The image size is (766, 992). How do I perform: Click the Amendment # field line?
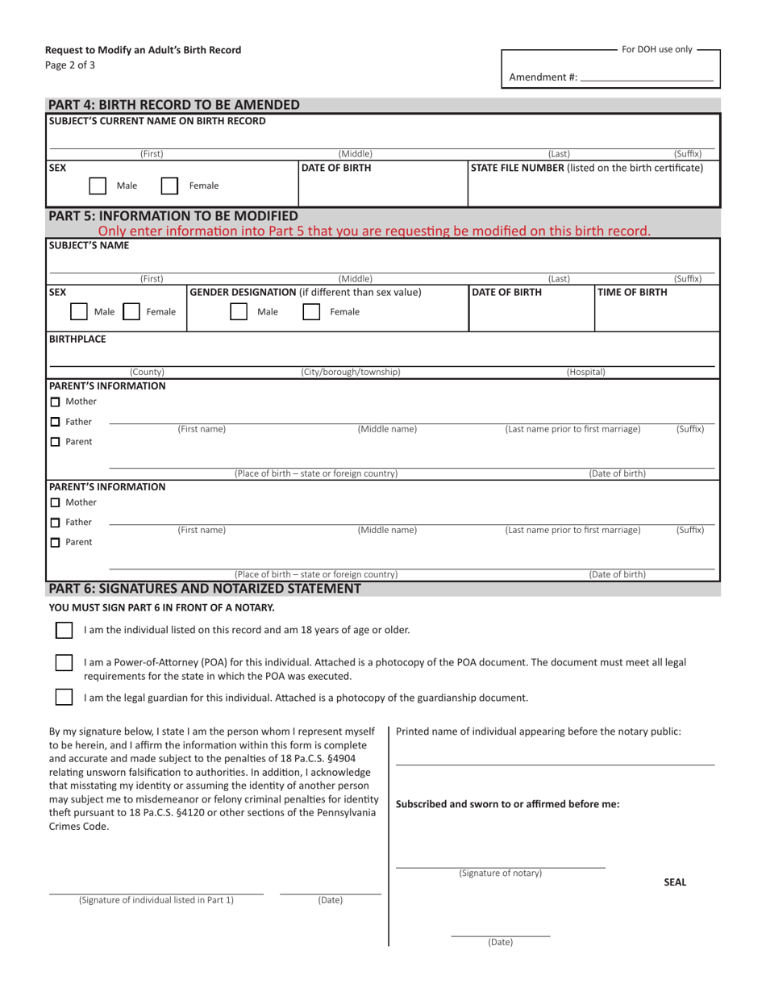[x=647, y=79]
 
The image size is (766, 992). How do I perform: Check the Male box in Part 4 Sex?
[x=98, y=185]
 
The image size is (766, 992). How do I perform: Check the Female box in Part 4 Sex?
[x=169, y=185]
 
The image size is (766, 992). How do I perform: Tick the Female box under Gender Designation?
[x=310, y=311]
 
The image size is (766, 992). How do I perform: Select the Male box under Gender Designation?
[x=239, y=311]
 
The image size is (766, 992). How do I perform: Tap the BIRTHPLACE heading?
[x=77, y=339]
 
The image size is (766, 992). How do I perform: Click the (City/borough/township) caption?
[x=350, y=372]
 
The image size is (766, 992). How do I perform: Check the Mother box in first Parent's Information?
[x=55, y=402]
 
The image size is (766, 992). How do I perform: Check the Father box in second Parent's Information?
[x=55, y=522]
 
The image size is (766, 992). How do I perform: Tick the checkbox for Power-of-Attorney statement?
[x=64, y=662]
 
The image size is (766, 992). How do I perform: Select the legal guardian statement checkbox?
[x=64, y=697]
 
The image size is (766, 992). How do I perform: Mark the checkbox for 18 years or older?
[x=64, y=629]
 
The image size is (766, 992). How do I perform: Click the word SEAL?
[x=675, y=882]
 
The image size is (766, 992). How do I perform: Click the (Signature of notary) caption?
[x=500, y=873]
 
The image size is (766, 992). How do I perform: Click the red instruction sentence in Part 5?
[x=374, y=231]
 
